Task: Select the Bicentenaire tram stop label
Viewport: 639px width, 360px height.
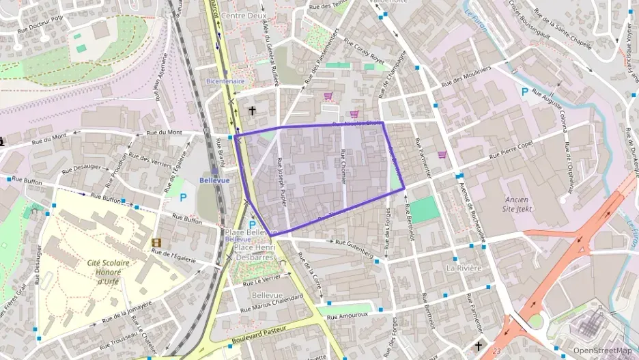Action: click(x=225, y=81)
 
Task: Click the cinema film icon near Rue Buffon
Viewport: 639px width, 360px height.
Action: click(x=157, y=243)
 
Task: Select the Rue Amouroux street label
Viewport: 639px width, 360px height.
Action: click(x=347, y=315)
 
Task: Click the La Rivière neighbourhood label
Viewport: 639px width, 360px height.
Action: click(x=461, y=268)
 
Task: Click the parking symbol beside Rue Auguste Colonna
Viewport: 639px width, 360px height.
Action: click(x=524, y=92)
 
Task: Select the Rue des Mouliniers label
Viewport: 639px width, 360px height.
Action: click(x=466, y=77)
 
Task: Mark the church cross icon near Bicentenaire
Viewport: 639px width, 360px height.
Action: click(x=252, y=111)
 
